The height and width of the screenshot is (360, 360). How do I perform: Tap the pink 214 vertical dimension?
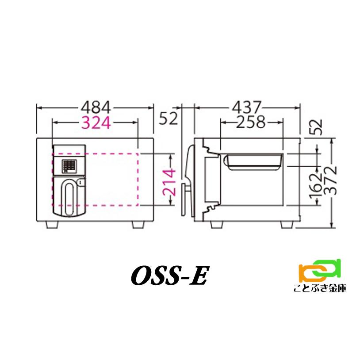click(x=169, y=180)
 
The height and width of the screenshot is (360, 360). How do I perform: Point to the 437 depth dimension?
click(x=248, y=107)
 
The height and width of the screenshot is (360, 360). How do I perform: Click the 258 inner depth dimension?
click(x=250, y=122)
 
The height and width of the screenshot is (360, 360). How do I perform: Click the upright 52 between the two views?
click(x=169, y=118)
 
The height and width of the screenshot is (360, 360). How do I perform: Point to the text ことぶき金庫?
click(x=320, y=288)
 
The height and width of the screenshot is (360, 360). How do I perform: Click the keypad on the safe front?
click(x=68, y=166)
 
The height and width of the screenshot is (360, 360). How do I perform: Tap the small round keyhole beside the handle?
click(x=80, y=182)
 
